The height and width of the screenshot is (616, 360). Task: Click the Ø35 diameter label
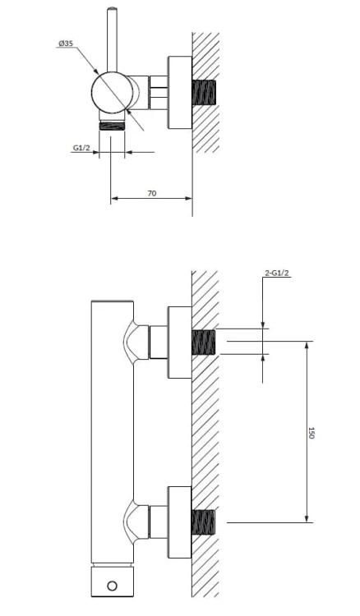tap(66, 44)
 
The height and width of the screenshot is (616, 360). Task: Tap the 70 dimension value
tap(152, 193)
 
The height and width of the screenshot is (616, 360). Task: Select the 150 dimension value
tap(312, 433)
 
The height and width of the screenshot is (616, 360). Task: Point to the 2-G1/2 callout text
tap(278, 273)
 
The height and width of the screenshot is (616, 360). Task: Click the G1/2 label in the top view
tap(81, 148)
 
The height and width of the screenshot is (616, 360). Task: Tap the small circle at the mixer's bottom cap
tap(112, 586)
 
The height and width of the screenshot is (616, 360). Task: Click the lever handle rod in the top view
tap(113, 39)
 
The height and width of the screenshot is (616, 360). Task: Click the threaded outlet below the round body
tap(112, 126)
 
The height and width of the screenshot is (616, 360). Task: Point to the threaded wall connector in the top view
tap(204, 92)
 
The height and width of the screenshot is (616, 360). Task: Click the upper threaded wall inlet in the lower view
tap(204, 342)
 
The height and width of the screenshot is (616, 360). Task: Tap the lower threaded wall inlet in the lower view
tap(204, 522)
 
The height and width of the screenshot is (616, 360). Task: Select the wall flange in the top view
tap(180, 92)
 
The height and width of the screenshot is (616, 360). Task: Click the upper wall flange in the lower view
tap(180, 342)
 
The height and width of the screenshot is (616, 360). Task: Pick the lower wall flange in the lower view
tap(180, 522)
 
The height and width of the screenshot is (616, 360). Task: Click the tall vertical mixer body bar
tap(113, 432)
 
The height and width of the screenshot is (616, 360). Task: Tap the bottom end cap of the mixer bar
tap(113, 582)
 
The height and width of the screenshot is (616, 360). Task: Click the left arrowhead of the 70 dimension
tap(114, 199)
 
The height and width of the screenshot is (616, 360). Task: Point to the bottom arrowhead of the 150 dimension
tap(307, 518)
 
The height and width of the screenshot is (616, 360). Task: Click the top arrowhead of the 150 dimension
tap(307, 345)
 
